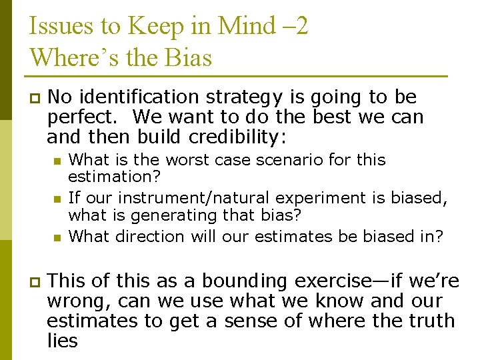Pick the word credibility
[x=237, y=137]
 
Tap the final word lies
[x=62, y=341]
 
